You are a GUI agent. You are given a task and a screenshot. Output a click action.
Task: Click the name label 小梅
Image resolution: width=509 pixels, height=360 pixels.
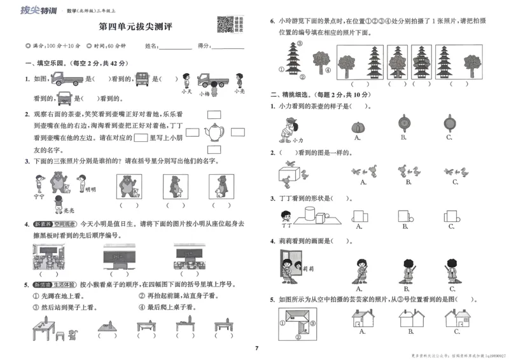pyautogui.click(x=204, y=93)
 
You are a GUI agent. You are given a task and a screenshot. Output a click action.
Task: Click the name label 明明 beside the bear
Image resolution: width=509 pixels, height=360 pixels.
pyautogui.click(x=90, y=189)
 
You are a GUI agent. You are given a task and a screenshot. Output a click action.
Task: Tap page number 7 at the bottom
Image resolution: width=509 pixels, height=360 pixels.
pyautogui.click(x=256, y=348)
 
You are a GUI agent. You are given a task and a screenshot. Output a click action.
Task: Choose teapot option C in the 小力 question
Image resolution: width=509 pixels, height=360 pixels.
pyautogui.click(x=450, y=122)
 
